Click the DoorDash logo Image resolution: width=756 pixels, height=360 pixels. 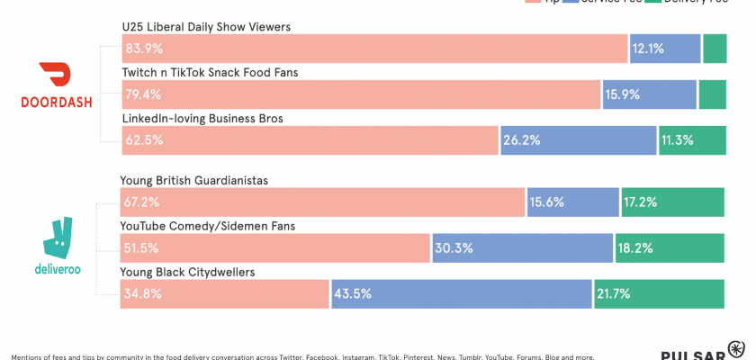(55, 86)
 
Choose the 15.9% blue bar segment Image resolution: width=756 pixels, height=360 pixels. (649, 94)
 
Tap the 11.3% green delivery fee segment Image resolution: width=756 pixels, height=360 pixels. (691, 140)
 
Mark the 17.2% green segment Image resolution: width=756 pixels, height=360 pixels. (671, 202)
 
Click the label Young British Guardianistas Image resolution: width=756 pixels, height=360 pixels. (194, 180)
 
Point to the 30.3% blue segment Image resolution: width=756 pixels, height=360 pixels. (522, 248)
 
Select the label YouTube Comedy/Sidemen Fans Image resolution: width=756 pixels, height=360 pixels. (208, 226)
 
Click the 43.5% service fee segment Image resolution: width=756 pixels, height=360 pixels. (461, 294)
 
